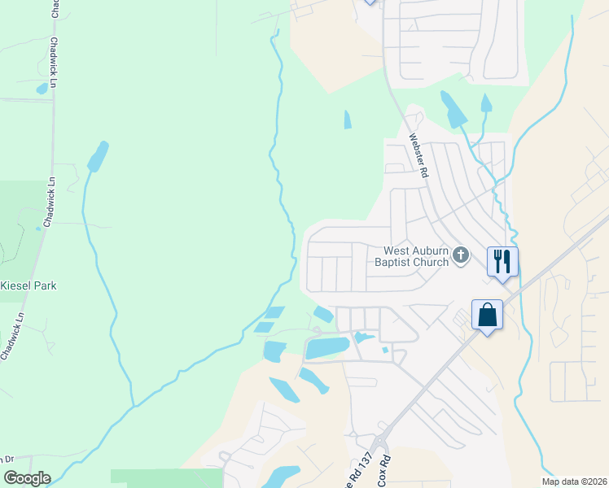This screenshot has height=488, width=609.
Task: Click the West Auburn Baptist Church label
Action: pyautogui.click(x=412, y=257)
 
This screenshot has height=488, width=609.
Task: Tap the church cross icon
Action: pyautogui.click(x=460, y=256)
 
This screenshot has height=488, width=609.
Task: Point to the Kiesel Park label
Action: pyautogui.click(x=28, y=285)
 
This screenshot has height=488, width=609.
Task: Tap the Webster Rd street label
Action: pyautogui.click(x=418, y=155)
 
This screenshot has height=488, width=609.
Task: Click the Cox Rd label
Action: pyautogui.click(x=386, y=471)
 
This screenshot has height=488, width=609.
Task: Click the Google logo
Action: pyautogui.click(x=27, y=477)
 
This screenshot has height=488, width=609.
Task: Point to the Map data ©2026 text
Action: pyautogui.click(x=574, y=481)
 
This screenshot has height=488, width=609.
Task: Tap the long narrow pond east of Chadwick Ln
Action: pyautogui.click(x=97, y=156)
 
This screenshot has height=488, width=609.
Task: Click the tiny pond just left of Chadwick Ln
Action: pyautogui.click(x=42, y=88)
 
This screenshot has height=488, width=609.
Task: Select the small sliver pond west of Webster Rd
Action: pyautogui.click(x=348, y=120)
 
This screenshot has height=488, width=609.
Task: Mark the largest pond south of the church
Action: pyautogui.click(x=327, y=348)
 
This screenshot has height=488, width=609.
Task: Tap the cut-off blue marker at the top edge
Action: pyautogui.click(x=370, y=2)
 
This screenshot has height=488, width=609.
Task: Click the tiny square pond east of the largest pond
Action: pyautogui.click(x=385, y=351)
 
